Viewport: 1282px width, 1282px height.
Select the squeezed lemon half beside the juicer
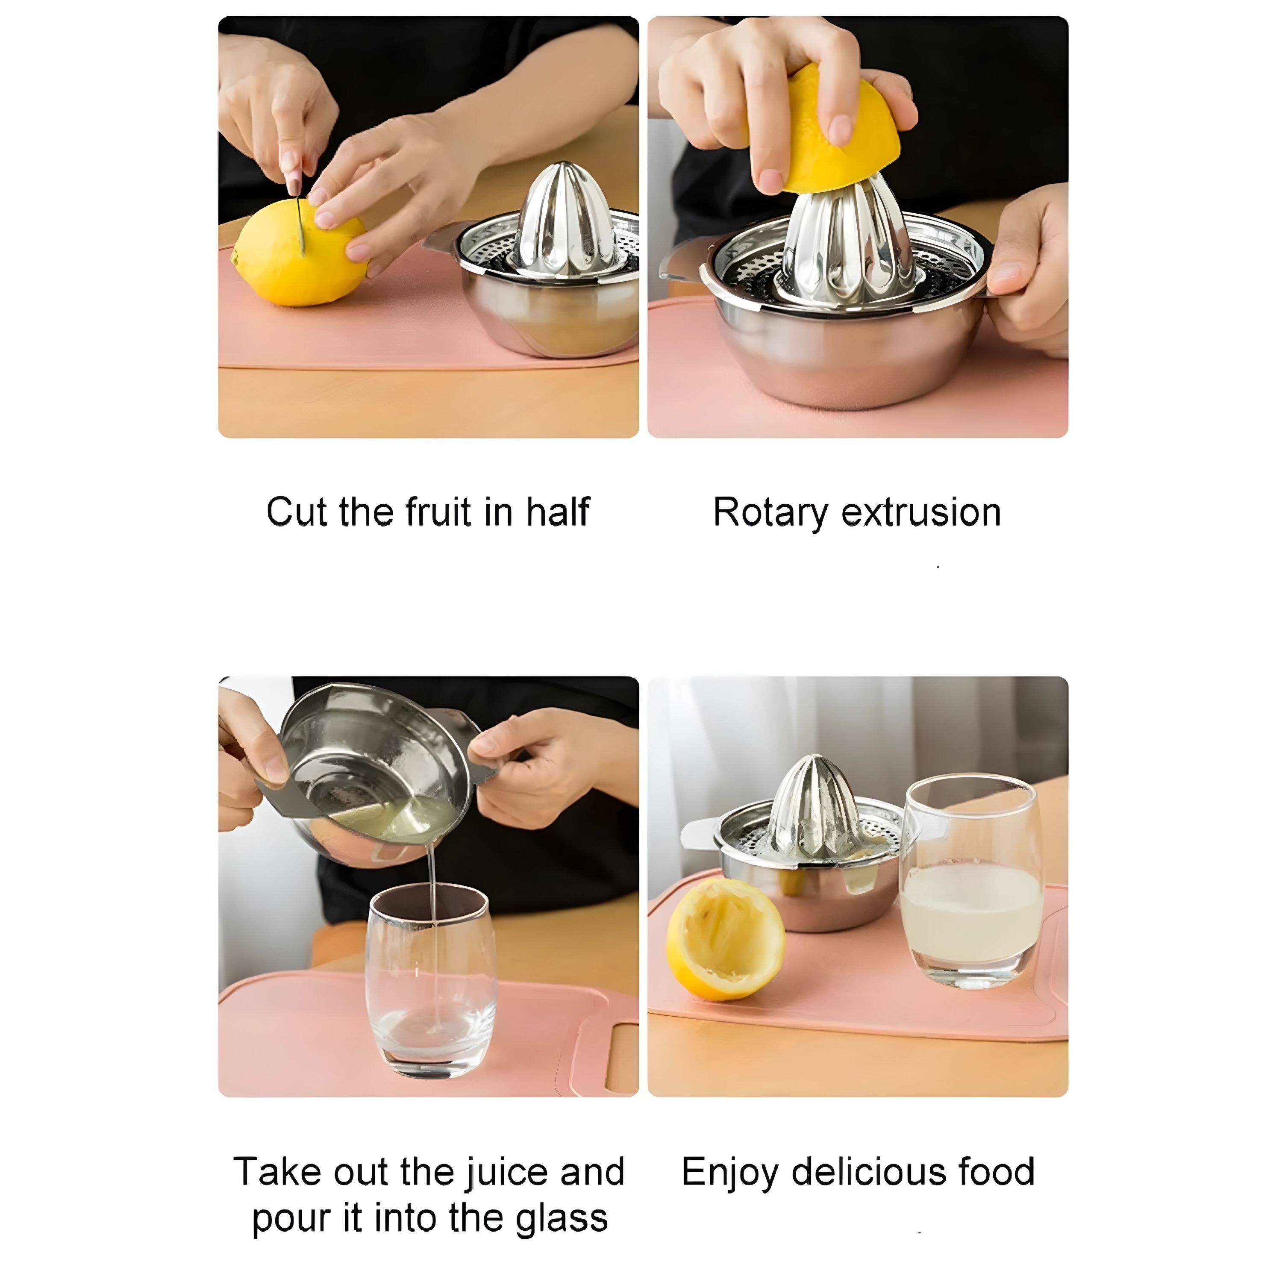(x=725, y=939)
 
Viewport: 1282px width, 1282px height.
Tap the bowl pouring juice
(x=372, y=773)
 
